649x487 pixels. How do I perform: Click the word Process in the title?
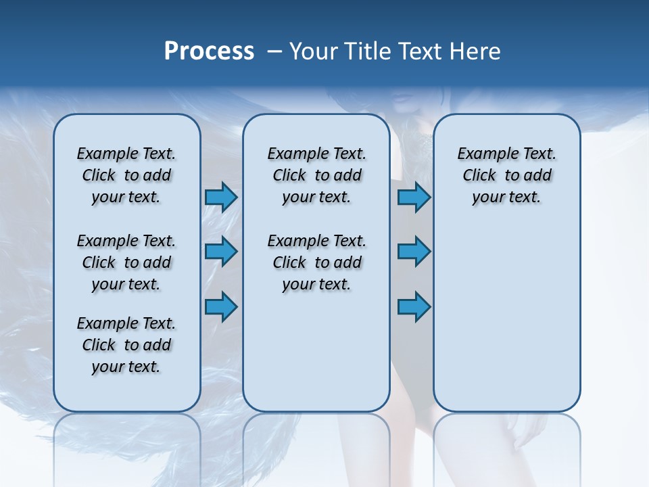[209, 51]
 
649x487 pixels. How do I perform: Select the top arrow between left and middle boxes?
[220, 197]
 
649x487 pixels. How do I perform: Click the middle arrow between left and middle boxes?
[220, 252]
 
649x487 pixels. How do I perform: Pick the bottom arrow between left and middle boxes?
[220, 306]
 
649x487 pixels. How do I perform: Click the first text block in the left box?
[126, 175]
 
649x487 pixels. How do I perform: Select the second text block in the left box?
[126, 262]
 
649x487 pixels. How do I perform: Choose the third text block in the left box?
[126, 345]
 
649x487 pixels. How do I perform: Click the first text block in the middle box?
[316, 175]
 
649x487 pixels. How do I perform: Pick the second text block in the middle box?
[316, 262]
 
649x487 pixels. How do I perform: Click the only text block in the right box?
[506, 175]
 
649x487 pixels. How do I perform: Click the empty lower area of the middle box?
[316, 352]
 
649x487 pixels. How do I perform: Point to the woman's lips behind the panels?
[403, 99]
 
